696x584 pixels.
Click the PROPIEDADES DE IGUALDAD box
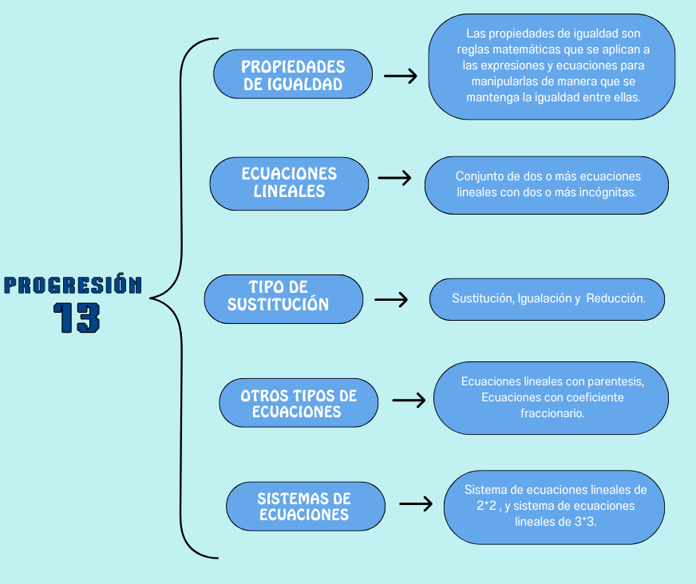click(293, 74)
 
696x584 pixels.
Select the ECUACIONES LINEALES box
click(289, 183)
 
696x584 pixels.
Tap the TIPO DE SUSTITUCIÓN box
click(283, 299)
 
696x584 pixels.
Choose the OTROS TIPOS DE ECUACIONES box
click(299, 403)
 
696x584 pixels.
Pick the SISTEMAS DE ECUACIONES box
click(306, 507)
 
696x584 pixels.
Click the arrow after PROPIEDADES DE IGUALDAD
click(401, 76)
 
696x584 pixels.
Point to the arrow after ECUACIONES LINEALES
click(394, 178)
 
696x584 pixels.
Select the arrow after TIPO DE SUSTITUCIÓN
click(391, 299)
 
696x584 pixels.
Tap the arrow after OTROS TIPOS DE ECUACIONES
click(409, 401)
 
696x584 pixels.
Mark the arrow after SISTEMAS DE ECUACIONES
click(416, 503)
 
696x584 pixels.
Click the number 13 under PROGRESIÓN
click(77, 318)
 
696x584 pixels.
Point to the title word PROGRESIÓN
click(73, 285)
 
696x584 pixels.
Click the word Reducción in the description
click(615, 298)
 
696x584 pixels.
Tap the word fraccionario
click(552, 413)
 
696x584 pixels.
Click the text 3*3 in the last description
click(586, 522)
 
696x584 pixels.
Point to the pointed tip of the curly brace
click(151, 298)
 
